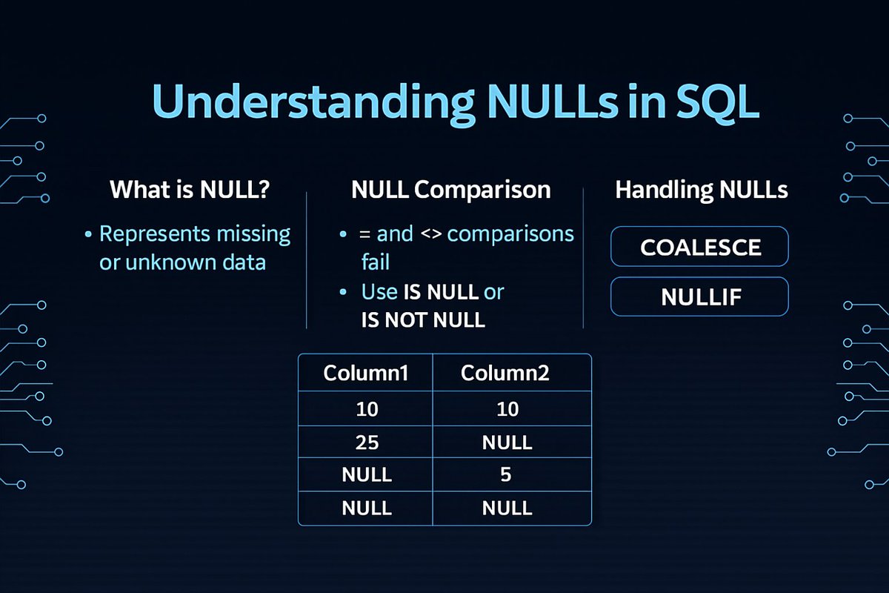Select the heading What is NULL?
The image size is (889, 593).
(190, 190)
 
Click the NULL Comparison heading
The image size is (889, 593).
(450, 190)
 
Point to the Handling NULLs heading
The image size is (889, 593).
(701, 190)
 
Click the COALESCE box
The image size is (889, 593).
(699, 246)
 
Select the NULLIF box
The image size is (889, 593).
(699, 296)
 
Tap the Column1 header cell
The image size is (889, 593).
(366, 373)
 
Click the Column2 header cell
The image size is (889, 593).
(506, 373)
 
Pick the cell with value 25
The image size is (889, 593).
(366, 443)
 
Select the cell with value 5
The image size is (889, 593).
(506, 475)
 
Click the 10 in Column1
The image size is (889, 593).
(366, 409)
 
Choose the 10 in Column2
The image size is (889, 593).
(506, 409)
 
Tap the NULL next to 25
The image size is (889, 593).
(506, 443)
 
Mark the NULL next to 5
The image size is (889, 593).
(366, 475)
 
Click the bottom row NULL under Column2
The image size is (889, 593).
(506, 508)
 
